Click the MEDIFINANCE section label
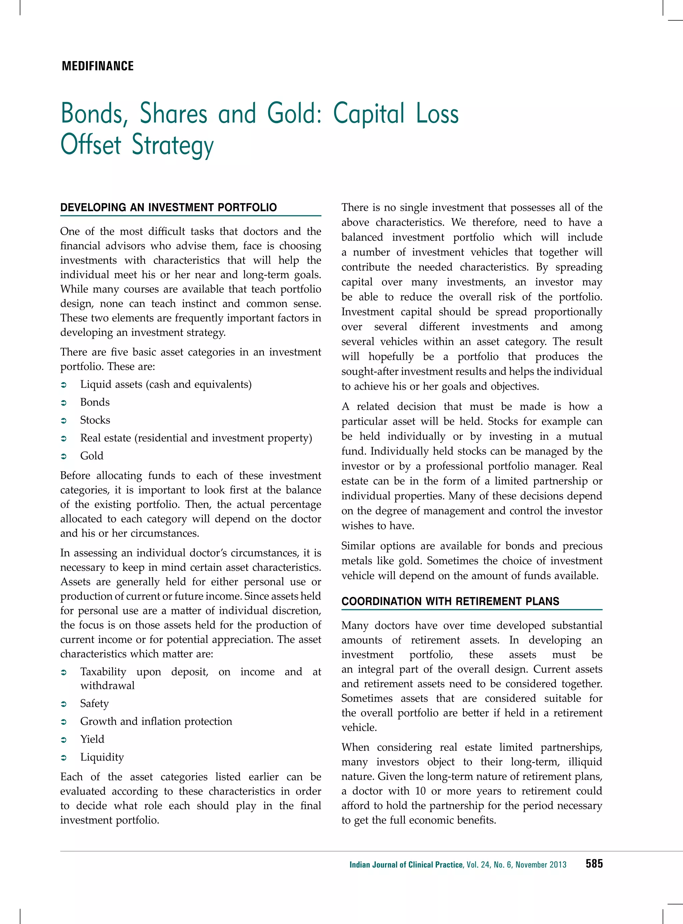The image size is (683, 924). (98, 66)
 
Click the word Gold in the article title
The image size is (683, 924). (294, 114)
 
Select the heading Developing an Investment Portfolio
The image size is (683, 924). (168, 207)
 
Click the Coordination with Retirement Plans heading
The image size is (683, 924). (450, 602)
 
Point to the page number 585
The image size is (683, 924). (594, 864)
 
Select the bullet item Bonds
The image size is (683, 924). (95, 402)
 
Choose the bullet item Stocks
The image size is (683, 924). (95, 420)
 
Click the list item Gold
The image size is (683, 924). (92, 455)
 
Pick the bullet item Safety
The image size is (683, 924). (94, 703)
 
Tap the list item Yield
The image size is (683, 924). (92, 739)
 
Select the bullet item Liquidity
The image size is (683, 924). (102, 757)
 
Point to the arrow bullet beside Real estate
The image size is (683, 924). (64, 438)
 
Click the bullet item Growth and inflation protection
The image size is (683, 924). (156, 721)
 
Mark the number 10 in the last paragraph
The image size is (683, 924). (420, 791)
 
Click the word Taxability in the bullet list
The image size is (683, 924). (103, 672)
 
